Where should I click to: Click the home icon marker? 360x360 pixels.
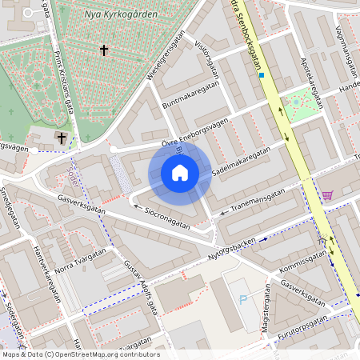tap(180, 173)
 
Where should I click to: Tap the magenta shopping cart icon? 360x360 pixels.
tap(327, 195)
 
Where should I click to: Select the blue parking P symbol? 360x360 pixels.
tap(243, 300)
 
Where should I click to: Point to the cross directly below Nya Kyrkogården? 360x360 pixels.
tap(103, 50)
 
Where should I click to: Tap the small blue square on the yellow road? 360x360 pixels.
tap(262, 75)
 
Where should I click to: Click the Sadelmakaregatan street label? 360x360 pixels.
tap(241, 162)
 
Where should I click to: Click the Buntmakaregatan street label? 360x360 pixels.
tap(190, 94)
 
